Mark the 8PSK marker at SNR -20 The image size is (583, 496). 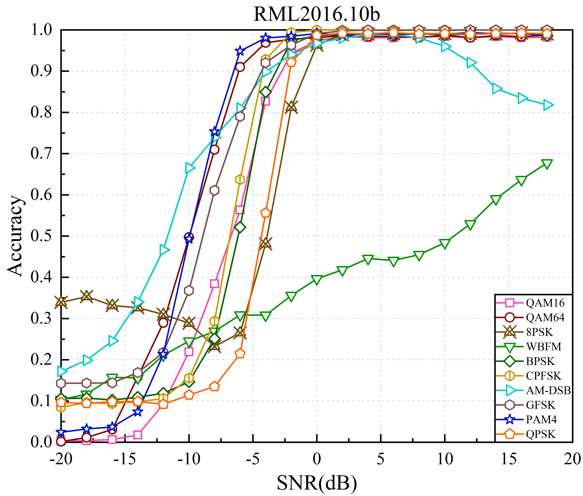pos(61,302)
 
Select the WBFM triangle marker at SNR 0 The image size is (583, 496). pos(317,280)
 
